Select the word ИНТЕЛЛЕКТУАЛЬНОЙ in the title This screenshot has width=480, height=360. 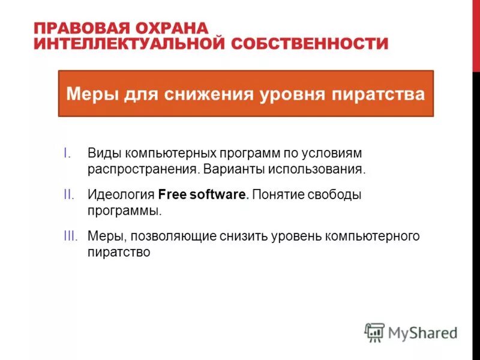coord(124,44)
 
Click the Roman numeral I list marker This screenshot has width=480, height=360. coord(67,153)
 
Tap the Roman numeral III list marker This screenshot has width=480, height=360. coord(70,236)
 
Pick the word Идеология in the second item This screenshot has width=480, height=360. coord(122,194)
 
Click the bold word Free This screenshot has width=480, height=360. coord(173,194)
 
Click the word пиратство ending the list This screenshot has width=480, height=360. coord(118,252)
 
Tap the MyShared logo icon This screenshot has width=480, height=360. coord(374,332)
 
